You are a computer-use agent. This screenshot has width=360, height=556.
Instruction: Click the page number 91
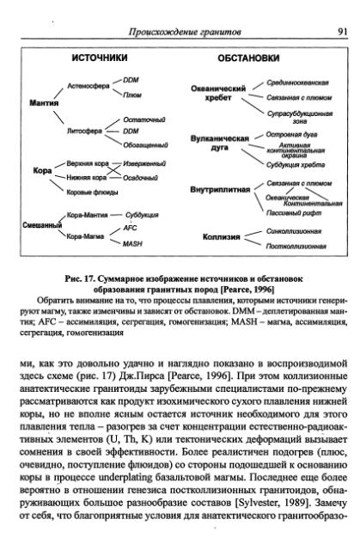pos(342,32)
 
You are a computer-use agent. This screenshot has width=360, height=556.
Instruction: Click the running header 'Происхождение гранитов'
pos(184,32)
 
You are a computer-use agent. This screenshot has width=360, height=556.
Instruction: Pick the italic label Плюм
pos(132,94)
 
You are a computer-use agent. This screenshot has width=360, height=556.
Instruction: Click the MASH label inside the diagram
pos(132,244)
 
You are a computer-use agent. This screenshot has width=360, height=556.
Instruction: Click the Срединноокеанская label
pos(297,82)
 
